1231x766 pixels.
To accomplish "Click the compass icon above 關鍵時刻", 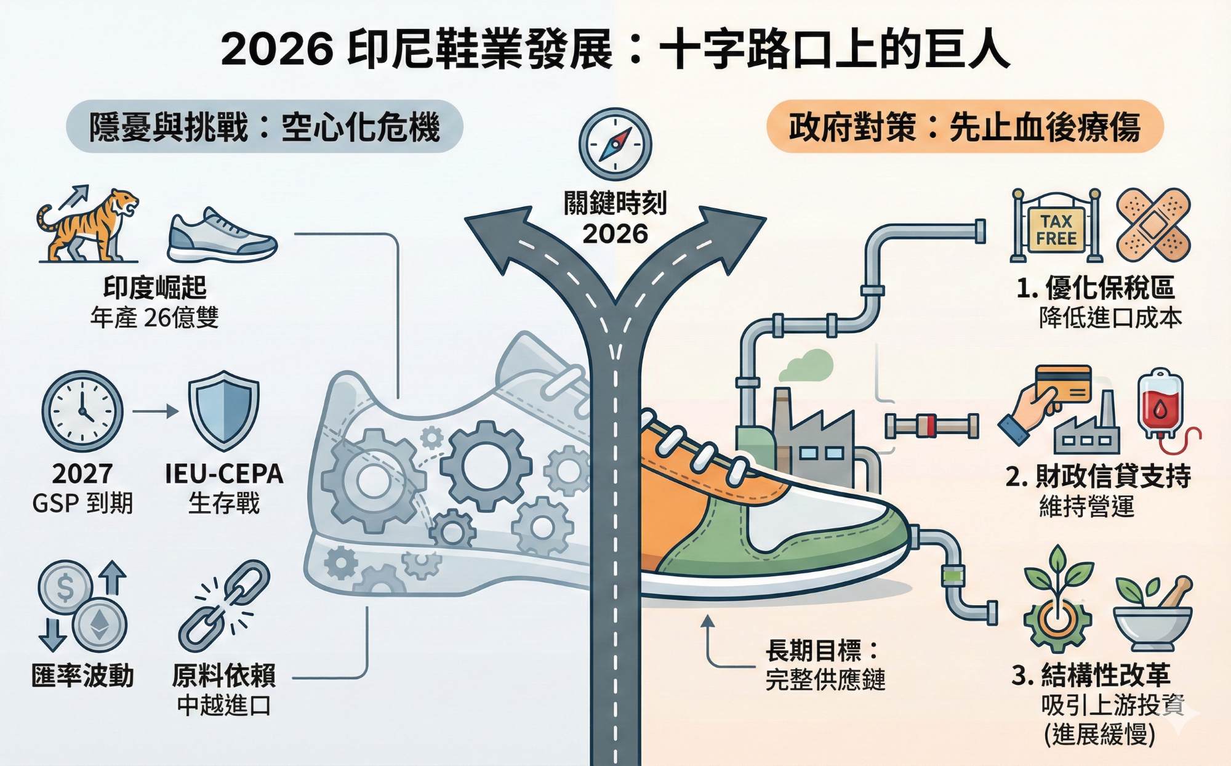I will click(x=615, y=144).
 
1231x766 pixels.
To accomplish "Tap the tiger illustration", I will click(x=89, y=225).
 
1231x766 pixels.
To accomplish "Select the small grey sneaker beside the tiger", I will click(x=222, y=236).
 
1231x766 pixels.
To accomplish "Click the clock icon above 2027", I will click(x=82, y=411).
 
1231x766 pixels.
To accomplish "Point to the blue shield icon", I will click(x=223, y=410).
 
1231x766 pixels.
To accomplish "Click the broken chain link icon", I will click(x=224, y=606).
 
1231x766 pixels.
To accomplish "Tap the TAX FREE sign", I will click(x=1056, y=230).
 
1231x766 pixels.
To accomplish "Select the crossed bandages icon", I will click(x=1153, y=225).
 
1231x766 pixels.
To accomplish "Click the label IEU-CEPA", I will click(x=224, y=474).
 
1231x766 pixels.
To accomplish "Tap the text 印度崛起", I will click(x=154, y=288).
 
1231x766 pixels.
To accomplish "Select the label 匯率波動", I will click(x=82, y=676).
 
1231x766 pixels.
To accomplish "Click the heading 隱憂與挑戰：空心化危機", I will click(x=264, y=127).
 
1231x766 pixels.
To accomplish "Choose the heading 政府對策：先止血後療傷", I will click(x=964, y=127).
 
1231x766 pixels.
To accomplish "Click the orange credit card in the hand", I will click(x=1063, y=384).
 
